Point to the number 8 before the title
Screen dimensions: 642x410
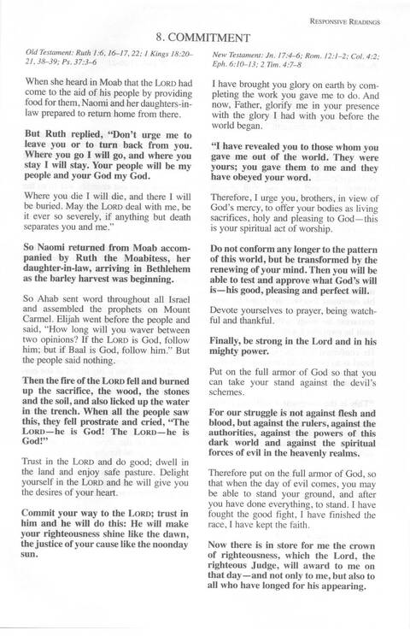tap(161, 38)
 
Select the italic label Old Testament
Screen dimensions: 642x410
tap(44, 54)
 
